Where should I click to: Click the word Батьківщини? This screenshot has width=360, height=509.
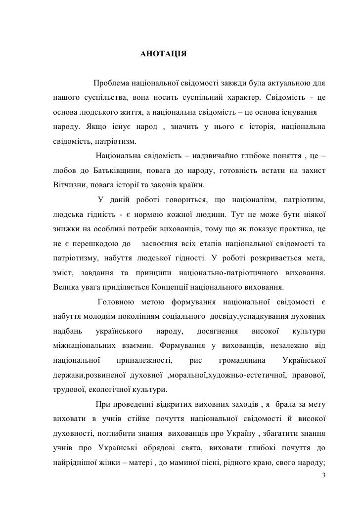(x=115, y=171)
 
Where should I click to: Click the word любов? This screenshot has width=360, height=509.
(x=63, y=171)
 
